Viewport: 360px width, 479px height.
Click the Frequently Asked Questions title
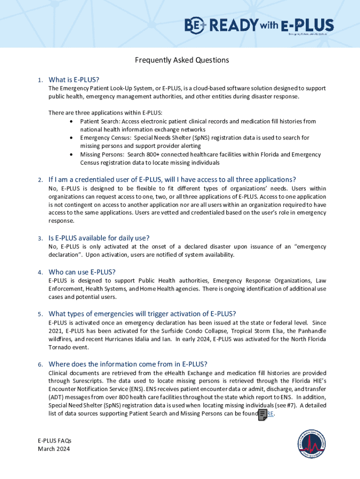(x=182, y=60)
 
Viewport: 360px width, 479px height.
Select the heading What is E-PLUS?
(x=74, y=79)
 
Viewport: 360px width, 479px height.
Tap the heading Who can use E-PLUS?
(x=82, y=272)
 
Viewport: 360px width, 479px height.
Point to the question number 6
(x=41, y=364)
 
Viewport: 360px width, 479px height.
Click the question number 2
(x=41, y=180)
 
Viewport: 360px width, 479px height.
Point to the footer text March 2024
(x=54, y=449)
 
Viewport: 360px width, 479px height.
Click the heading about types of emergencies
(x=142, y=313)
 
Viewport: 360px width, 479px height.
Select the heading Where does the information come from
(x=128, y=364)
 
